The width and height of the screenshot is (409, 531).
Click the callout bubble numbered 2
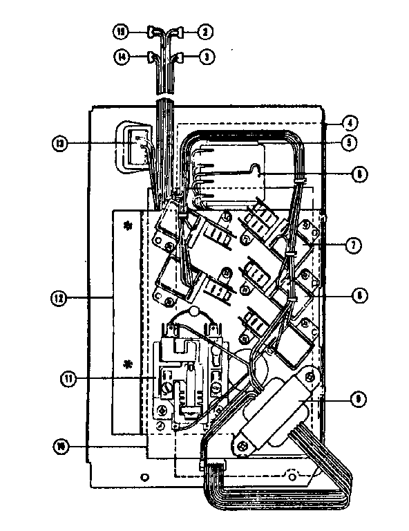coord(204,31)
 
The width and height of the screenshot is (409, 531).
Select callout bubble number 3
coord(204,58)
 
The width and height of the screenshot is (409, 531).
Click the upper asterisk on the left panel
coord(127,225)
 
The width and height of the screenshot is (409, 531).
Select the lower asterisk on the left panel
coord(127,364)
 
